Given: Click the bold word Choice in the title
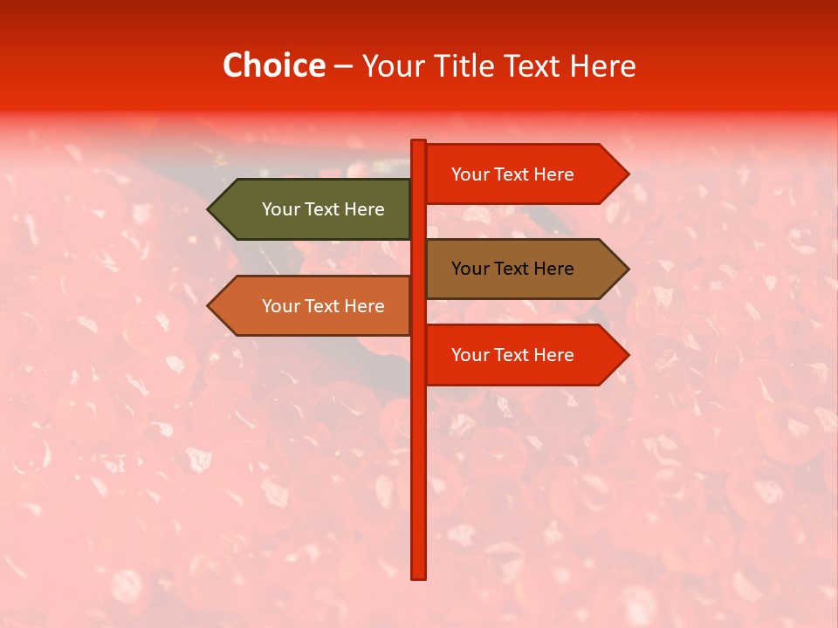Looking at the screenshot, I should tap(273, 66).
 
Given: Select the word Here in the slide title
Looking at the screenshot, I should tap(602, 66).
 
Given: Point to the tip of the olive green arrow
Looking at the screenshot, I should tap(209, 209).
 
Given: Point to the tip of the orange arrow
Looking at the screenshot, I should tap(209, 306).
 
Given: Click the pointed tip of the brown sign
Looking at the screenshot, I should tap(627, 269).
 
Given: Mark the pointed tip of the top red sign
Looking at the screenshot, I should tap(627, 174).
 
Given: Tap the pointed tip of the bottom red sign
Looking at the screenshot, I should tap(627, 355).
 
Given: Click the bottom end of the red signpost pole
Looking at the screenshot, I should tap(419, 576).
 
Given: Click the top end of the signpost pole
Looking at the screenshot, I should tap(419, 142).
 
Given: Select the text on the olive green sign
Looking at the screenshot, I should tap(323, 209).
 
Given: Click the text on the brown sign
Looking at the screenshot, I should tap(512, 269).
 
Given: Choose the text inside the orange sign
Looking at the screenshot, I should tap(323, 306).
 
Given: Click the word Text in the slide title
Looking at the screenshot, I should tap(533, 66).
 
